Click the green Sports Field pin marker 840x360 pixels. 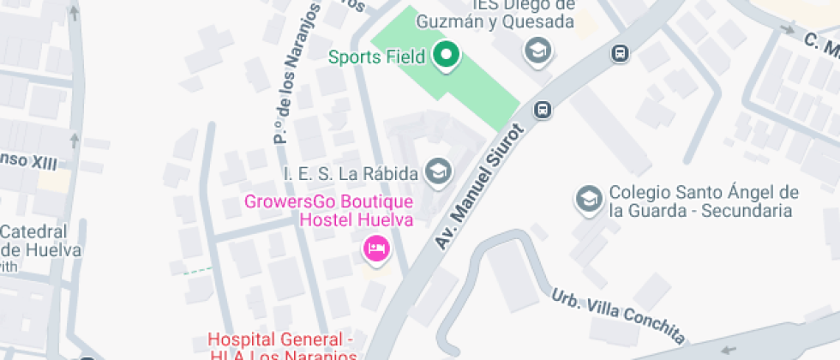(446, 56)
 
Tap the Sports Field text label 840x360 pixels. (377, 57)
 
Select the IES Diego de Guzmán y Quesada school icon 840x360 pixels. (538, 51)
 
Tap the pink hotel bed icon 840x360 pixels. (376, 249)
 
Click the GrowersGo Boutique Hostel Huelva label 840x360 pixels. (329, 211)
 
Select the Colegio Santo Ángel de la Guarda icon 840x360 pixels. (588, 199)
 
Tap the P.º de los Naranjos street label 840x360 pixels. (296, 73)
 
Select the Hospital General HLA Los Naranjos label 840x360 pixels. (282, 346)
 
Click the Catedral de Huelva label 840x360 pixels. (39, 241)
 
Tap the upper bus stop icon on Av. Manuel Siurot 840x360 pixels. (619, 54)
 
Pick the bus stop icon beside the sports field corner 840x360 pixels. (542, 110)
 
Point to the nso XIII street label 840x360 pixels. (27, 160)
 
